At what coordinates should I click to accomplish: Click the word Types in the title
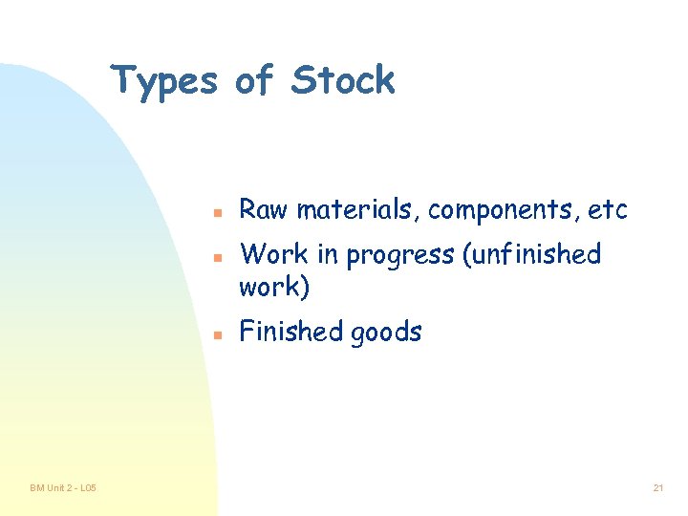pos(163,80)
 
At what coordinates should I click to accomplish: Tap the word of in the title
pos(253,80)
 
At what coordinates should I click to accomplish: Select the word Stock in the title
pos(343,80)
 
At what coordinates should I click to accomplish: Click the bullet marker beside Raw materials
pos(217,210)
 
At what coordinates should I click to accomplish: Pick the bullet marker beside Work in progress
pos(217,257)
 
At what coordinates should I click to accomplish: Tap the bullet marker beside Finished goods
pos(217,334)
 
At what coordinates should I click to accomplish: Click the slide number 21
pos(657,488)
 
